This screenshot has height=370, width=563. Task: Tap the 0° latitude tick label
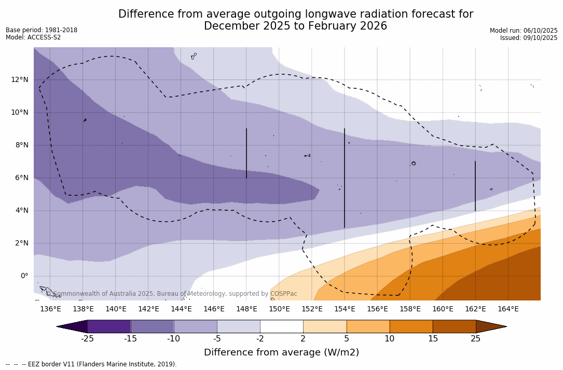point(24,276)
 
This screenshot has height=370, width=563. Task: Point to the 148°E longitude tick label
point(246,309)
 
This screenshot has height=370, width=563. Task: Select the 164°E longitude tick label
point(508,309)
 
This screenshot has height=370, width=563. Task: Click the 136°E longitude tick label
point(50,309)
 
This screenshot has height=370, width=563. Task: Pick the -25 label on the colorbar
point(87,339)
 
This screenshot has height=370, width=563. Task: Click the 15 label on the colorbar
point(433,339)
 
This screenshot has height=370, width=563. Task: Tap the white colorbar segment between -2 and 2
point(281,326)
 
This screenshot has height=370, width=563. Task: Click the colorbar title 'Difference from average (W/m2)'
point(281,353)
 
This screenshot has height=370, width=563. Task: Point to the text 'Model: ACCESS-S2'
point(33,37)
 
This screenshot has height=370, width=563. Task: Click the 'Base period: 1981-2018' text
point(42,30)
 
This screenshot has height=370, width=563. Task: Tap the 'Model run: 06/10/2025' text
point(524,31)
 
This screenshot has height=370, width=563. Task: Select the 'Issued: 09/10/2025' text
point(529,38)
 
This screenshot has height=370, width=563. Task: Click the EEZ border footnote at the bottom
point(91,364)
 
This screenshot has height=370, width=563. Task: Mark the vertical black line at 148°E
point(246,154)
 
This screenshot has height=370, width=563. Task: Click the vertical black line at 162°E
point(475,186)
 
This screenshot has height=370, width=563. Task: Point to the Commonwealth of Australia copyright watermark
point(172,294)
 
